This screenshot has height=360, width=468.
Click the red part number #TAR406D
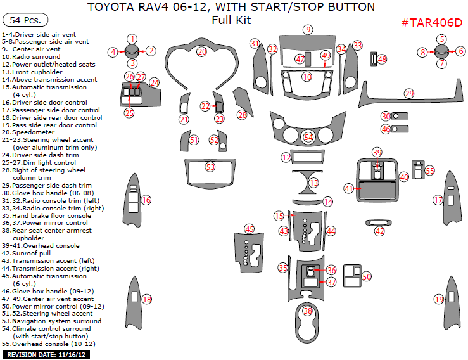pyautogui.click(x=431, y=22)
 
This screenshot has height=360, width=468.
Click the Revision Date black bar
pyautogui.click(x=46, y=354)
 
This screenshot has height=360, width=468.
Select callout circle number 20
pyautogui.click(x=202, y=51)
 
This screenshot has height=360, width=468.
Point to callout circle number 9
pyautogui.click(x=308, y=30)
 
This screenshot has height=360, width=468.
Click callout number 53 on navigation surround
pyautogui.click(x=210, y=167)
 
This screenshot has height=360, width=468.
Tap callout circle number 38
pyautogui.click(x=308, y=311)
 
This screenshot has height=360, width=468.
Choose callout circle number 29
pyautogui.click(x=409, y=93)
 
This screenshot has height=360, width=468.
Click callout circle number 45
pyautogui.click(x=250, y=228)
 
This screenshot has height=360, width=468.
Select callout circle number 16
pyautogui.click(x=146, y=200)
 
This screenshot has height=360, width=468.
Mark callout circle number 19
pyautogui.click(x=439, y=299)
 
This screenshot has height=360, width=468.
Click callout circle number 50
pyautogui.click(x=367, y=276)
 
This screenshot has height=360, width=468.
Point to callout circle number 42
pyautogui.click(x=379, y=231)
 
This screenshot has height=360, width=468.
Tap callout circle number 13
pyautogui.click(x=313, y=183)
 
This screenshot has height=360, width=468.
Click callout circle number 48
pyautogui.click(x=382, y=59)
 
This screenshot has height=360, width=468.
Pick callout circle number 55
pyautogui.click(x=430, y=170)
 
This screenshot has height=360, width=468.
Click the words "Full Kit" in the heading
pyautogui.click(x=231, y=20)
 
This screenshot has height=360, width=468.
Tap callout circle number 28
pyautogui.click(x=242, y=115)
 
